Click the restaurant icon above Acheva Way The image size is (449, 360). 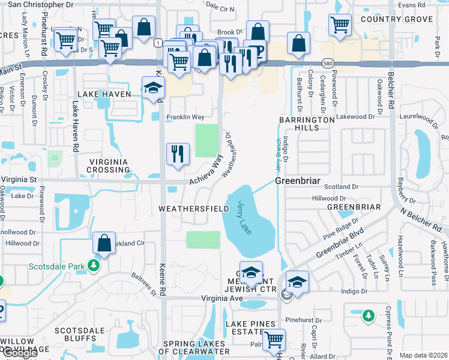click(x=178, y=154)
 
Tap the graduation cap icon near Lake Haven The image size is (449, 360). click(x=153, y=88)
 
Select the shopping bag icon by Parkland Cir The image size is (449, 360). click(x=104, y=244)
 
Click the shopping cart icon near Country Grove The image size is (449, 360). click(x=340, y=25)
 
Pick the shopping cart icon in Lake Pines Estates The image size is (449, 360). click(x=274, y=339)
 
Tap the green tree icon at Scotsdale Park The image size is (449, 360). click(x=93, y=265)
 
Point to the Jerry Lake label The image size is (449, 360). click(x=247, y=217)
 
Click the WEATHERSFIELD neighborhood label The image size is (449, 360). click(x=193, y=208)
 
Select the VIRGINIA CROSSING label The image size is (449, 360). click(x=109, y=166)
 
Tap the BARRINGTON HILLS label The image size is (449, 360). click(x=306, y=124)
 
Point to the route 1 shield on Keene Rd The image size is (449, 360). click(x=157, y=43)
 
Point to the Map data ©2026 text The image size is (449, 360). click(x=423, y=355)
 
